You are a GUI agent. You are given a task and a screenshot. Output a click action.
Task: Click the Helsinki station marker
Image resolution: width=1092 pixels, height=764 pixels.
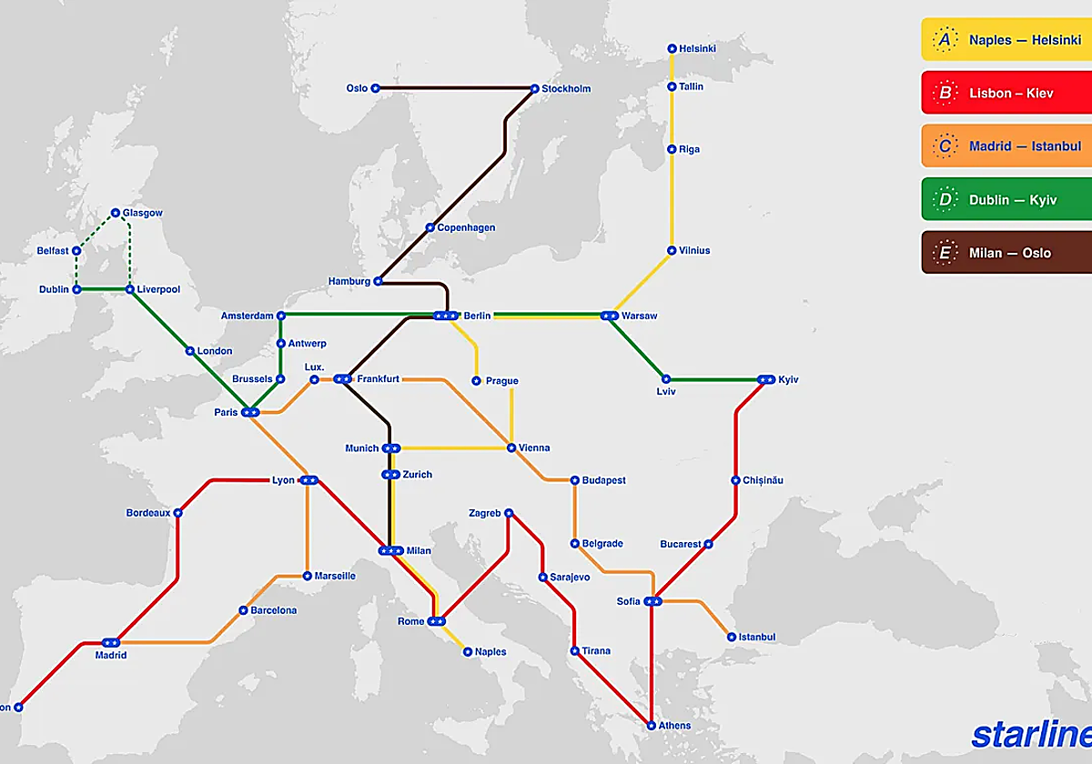coord(672,48)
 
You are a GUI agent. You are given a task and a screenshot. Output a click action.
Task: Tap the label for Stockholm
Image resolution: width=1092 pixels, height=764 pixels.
coord(566,89)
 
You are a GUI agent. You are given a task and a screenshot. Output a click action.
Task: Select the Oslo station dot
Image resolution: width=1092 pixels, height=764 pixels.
coord(375,88)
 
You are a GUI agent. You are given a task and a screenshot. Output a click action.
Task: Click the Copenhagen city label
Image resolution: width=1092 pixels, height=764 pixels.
coord(466,227)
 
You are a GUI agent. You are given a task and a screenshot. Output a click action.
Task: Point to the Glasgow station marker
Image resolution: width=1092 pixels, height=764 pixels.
coord(116,213)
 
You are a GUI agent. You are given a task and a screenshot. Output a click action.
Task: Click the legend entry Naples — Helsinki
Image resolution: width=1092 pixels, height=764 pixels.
coord(1006,40)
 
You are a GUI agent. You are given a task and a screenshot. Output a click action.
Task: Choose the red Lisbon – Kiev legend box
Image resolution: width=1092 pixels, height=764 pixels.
coord(1006,93)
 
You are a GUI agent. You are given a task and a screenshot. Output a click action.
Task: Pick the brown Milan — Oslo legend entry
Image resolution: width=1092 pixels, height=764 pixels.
coord(1006,253)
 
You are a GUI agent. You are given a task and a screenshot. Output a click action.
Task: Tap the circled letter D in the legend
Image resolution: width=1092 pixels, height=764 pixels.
coord(945,199)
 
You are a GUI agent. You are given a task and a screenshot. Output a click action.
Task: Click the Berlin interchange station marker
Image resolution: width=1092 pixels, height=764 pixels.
coord(446,316)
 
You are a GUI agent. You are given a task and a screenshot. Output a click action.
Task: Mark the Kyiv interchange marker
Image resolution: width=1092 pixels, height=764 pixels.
coord(765,379)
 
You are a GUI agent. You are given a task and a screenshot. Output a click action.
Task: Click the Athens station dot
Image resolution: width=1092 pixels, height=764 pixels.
coord(652,725)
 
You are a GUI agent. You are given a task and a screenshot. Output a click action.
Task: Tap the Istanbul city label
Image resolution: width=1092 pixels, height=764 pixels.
coord(756,638)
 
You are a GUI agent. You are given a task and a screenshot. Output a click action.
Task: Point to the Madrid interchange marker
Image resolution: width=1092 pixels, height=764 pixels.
coord(111,642)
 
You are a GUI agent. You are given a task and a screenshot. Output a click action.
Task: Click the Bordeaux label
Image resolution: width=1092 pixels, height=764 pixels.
coord(148,513)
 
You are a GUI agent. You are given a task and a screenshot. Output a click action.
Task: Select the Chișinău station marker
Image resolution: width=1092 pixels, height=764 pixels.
coord(735,480)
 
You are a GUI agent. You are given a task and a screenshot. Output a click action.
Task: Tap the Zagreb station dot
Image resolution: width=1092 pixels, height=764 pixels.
coord(509,513)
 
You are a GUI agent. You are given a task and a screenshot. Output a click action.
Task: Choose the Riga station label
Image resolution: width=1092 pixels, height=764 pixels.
coord(689,149)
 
